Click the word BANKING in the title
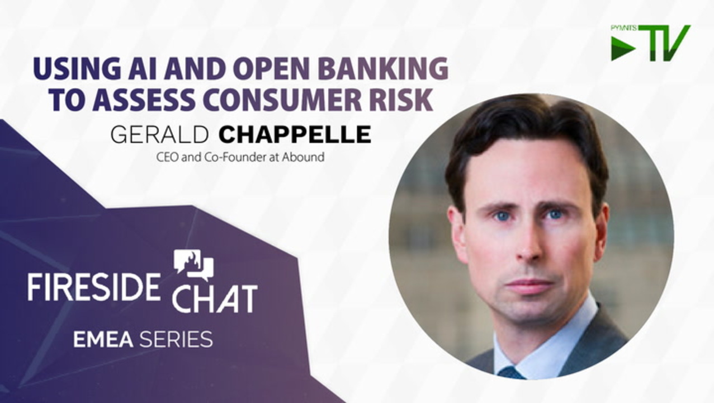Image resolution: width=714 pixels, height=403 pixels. [384, 69]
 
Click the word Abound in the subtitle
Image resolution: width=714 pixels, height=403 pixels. [302, 157]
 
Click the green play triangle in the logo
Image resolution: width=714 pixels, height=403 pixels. [622, 49]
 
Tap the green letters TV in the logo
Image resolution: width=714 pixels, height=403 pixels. [664, 43]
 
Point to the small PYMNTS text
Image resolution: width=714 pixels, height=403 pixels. [624, 28]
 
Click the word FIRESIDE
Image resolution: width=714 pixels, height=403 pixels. [93, 286]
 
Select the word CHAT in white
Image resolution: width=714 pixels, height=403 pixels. [215, 298]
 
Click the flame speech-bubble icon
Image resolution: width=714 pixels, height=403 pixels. [193, 265]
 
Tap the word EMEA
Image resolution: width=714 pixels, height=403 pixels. [103, 339]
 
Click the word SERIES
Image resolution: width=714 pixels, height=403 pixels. [176, 339]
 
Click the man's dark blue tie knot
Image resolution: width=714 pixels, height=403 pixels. [512, 373]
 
